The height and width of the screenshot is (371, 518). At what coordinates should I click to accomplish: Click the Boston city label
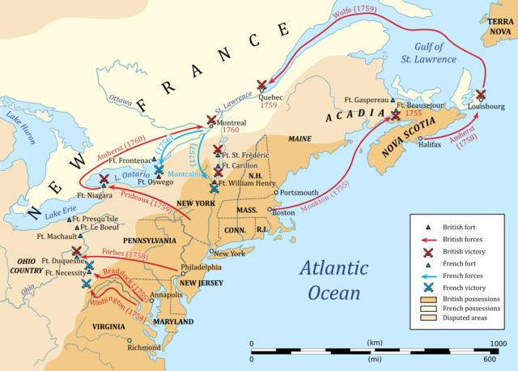pyautogui.click(x=283, y=212)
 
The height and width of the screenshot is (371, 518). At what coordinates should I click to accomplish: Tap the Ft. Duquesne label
pyautogui.click(x=59, y=261)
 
